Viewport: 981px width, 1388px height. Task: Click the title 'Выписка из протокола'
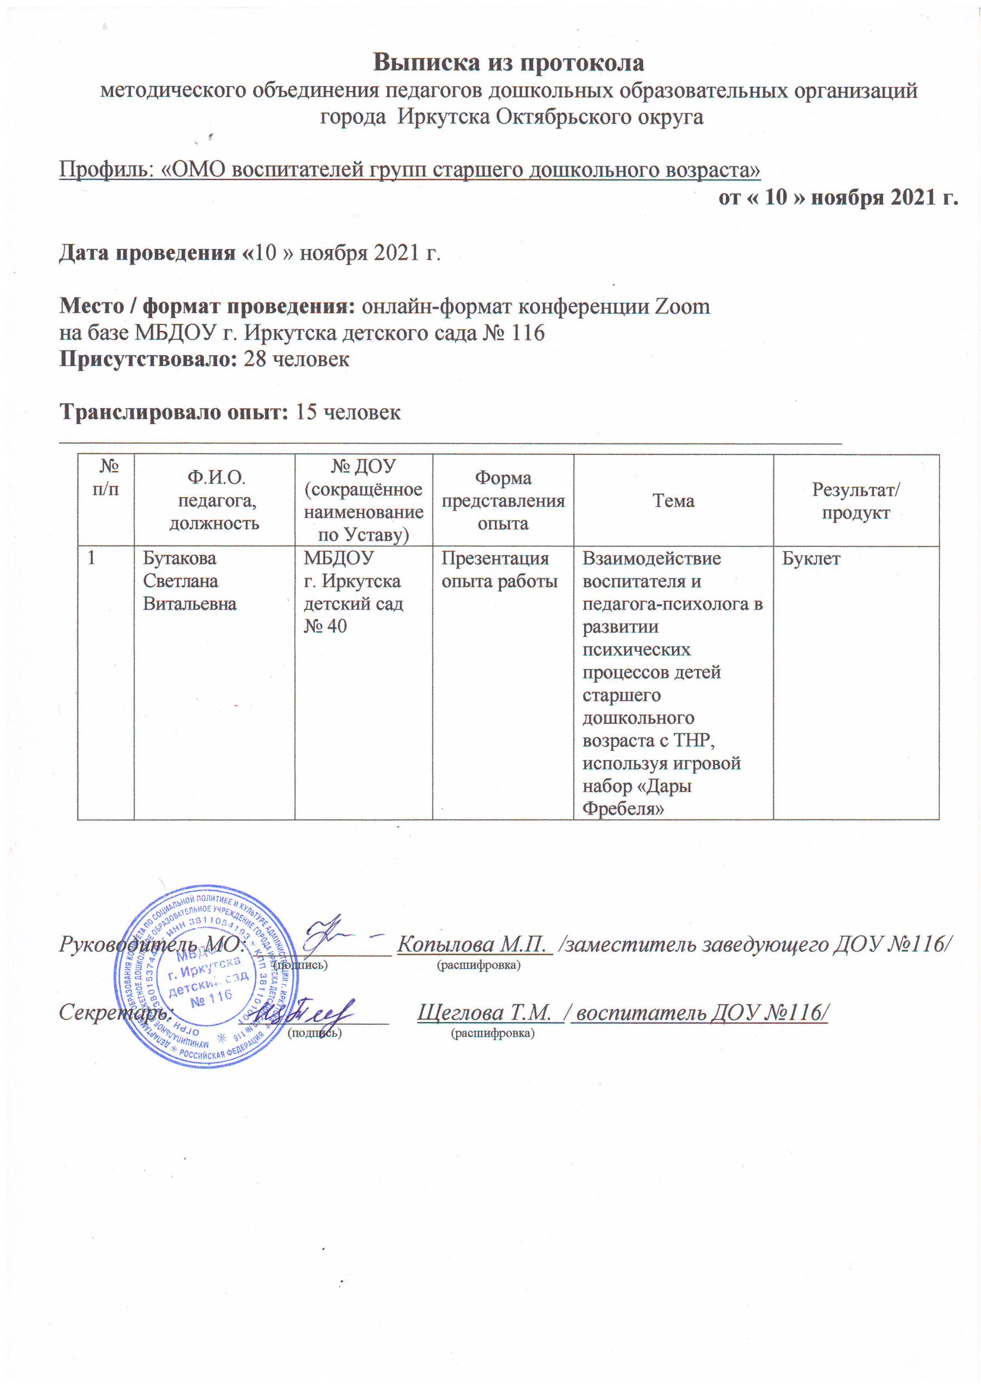[509, 63]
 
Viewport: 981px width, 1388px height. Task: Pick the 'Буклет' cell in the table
[811, 558]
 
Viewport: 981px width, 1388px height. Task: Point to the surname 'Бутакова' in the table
[179, 558]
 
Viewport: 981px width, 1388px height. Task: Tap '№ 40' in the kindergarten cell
[325, 626]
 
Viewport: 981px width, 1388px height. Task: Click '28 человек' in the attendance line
[296, 359]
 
